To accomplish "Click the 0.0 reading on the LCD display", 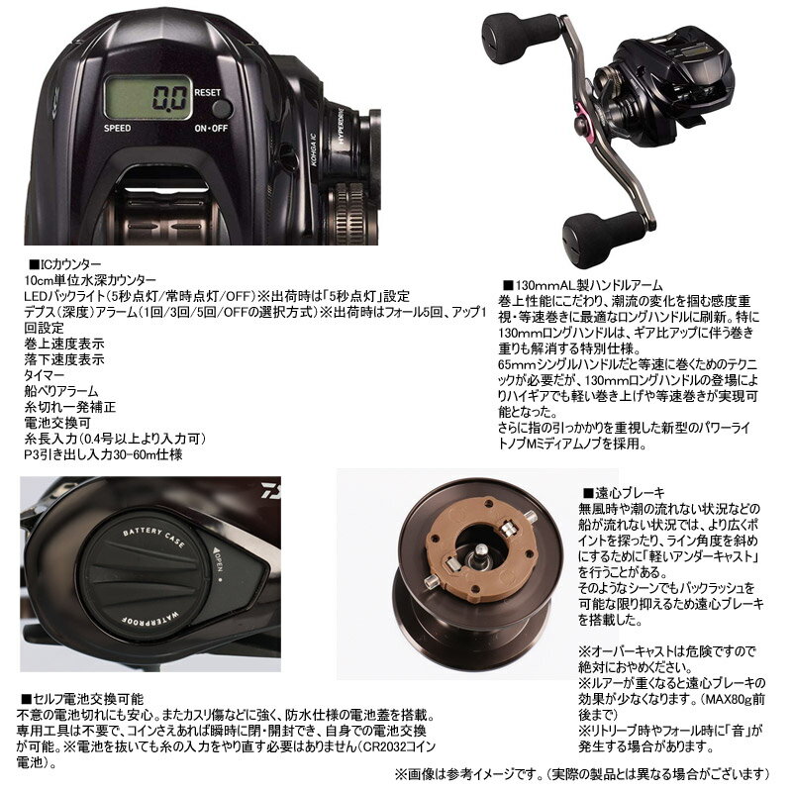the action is click(169, 98).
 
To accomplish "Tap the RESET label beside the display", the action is click(208, 92).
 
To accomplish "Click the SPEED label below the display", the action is click(117, 129).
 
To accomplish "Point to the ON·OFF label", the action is click(211, 129).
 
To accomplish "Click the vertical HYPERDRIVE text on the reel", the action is click(343, 125).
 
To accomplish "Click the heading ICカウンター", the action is click(69, 264).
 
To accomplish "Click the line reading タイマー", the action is click(45, 375).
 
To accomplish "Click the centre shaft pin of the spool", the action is click(479, 551).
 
